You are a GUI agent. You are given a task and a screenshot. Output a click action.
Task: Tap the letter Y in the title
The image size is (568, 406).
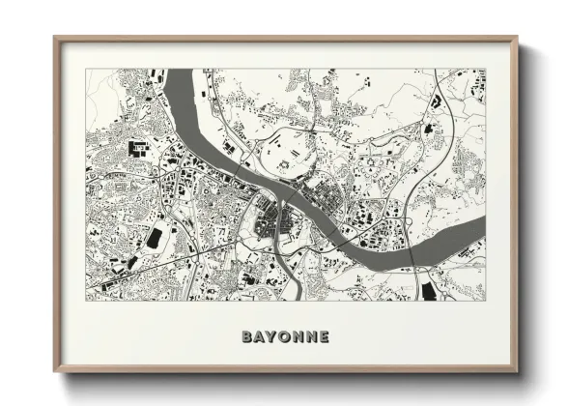click(x=271, y=337)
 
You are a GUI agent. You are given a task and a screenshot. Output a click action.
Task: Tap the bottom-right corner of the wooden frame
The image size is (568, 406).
click(x=518, y=373)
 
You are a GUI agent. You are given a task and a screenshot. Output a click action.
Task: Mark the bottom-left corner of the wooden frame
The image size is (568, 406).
click(x=54, y=373)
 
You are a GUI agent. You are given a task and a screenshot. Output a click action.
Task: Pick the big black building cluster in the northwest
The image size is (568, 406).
click(x=136, y=150)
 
